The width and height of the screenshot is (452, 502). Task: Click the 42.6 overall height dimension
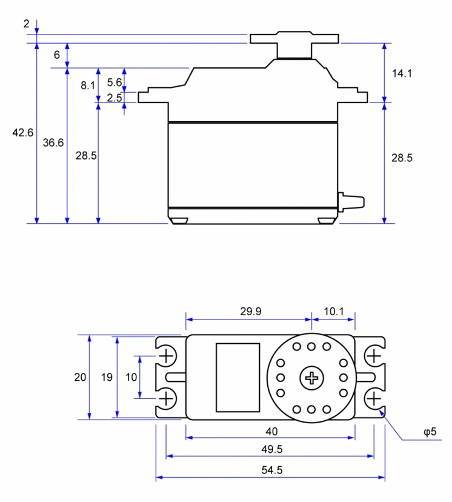tap(22, 133)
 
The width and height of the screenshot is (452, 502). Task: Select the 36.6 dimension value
tap(53, 143)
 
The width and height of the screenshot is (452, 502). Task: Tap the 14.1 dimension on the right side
tap(402, 73)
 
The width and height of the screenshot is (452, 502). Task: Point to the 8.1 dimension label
tap(88, 86)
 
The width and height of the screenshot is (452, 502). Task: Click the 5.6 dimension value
tap(115, 82)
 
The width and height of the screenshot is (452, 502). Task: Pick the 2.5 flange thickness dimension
tap(115, 97)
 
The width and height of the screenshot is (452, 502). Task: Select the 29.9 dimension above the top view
tap(250, 312)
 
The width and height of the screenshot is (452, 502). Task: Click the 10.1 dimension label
tap(333, 312)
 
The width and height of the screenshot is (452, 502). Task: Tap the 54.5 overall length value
tap(271, 470)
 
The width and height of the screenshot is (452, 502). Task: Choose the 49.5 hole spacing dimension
tap(271, 450)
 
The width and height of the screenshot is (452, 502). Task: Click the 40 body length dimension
tap(271, 431)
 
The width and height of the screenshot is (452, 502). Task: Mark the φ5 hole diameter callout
tap(429, 432)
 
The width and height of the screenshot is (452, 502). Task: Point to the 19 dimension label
tap(107, 377)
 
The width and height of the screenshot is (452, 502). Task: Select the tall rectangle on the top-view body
tap(238, 377)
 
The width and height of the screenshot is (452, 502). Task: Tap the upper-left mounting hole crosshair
tap(165, 356)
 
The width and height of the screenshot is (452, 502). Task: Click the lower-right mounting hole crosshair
tap(374, 398)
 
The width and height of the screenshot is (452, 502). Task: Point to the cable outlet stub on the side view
tap(351, 202)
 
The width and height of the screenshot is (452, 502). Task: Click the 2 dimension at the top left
tap(26, 24)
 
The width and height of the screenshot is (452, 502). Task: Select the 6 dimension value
tap(57, 55)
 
